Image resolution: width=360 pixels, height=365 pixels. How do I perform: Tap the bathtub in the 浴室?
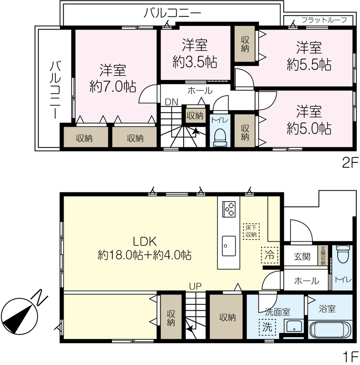click(x=330, y=329)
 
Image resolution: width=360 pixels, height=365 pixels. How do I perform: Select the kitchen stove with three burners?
click(x=228, y=209)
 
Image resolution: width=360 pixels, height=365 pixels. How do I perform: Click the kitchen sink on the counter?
click(x=228, y=246)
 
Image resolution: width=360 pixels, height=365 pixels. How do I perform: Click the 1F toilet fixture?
click(x=342, y=254)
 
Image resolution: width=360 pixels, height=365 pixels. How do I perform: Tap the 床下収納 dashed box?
click(x=251, y=231)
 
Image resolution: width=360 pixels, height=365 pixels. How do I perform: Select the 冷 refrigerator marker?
click(x=270, y=255)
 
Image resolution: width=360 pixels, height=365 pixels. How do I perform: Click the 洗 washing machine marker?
click(x=267, y=327)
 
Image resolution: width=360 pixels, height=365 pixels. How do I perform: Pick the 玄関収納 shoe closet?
click(x=323, y=255)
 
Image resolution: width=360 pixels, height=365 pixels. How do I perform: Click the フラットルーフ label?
click(x=324, y=20)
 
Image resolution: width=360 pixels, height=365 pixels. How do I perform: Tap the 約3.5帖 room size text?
click(x=195, y=62)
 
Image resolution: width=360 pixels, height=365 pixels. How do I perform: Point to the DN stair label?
click(x=171, y=102)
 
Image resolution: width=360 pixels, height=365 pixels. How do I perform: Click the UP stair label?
click(x=196, y=287)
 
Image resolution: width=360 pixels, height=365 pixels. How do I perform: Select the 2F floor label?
click(x=350, y=163)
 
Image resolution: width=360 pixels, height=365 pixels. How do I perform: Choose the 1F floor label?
click(x=350, y=356)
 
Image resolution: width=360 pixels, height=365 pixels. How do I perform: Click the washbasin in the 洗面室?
click(x=294, y=326)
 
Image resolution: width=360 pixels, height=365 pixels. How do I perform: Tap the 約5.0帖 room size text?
click(x=309, y=128)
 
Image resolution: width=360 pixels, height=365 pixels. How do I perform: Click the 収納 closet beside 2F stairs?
click(x=195, y=115)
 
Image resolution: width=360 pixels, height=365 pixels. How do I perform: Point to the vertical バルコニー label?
click(x=55, y=89)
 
